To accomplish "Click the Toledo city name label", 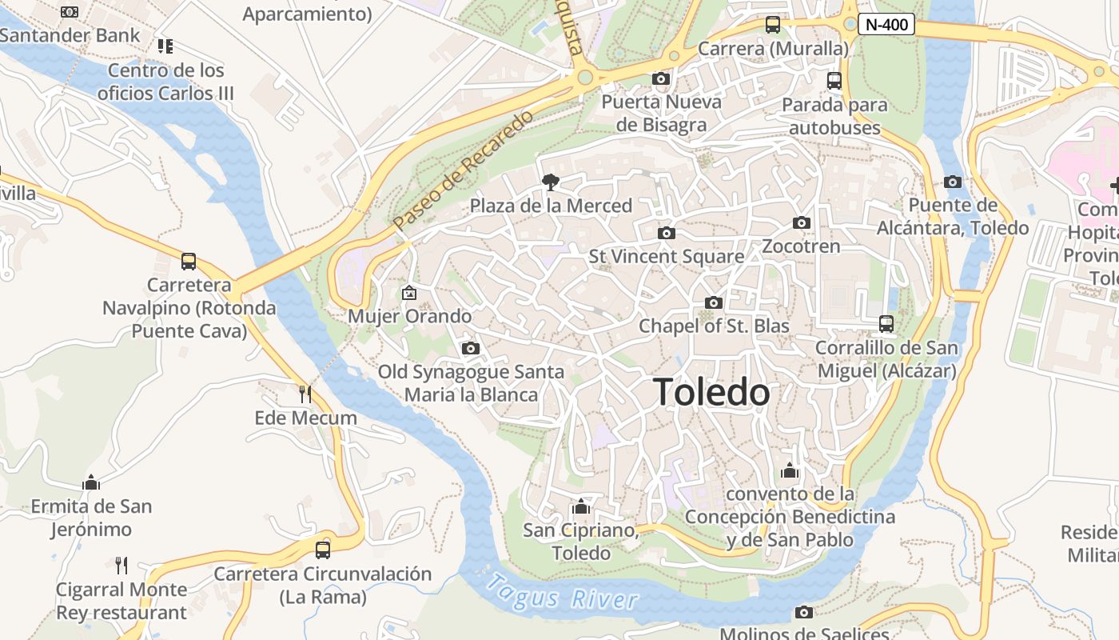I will click(x=711, y=392).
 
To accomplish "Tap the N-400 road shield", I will click(x=886, y=25).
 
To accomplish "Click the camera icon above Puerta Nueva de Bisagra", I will click(x=661, y=78).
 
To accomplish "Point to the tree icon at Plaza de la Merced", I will click(x=550, y=182).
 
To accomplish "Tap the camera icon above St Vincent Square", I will click(x=666, y=233).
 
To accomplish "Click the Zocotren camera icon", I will click(x=802, y=222).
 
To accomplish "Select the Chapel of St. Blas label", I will click(x=714, y=326).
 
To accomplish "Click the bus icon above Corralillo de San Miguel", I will click(x=886, y=324).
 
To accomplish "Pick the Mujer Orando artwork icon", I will click(x=409, y=293).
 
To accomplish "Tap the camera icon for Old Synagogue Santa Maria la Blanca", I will click(x=471, y=348).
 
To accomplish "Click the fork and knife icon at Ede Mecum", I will click(x=305, y=394).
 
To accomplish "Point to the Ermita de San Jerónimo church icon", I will click(x=91, y=482).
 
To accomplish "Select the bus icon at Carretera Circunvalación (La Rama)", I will click(x=323, y=550).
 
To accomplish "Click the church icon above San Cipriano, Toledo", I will click(x=581, y=506).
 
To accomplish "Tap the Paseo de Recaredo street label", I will click(x=464, y=170).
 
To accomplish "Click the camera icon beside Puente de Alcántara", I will click(x=953, y=182).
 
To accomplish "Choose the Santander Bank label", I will click(x=70, y=35).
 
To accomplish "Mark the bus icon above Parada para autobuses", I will click(x=834, y=81).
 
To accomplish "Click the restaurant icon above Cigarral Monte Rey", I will click(x=121, y=566).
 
